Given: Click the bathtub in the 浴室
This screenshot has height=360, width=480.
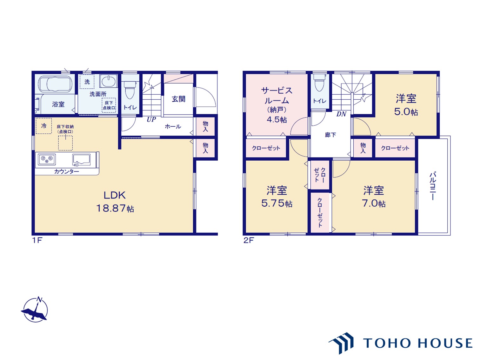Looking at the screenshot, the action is [55, 84].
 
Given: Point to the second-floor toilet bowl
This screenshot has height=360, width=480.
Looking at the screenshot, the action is [319, 83].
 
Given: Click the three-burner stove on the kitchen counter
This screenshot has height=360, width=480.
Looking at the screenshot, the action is [47, 159].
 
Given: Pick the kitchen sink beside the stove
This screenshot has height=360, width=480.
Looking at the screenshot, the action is [81, 160].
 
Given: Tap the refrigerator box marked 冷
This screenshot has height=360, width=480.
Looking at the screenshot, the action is [44, 126].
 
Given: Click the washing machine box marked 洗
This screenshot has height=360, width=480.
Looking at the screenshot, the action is [87, 82].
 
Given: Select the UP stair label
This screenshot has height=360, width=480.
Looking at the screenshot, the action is [151, 119].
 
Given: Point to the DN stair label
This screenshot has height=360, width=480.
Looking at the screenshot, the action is [341, 114].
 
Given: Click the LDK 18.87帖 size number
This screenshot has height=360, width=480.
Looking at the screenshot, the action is [115, 208].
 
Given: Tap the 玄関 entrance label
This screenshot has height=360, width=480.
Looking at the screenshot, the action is [178, 99].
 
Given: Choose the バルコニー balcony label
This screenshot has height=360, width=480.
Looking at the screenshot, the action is [433, 186].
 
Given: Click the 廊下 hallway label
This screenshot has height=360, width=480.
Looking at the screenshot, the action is [330, 135].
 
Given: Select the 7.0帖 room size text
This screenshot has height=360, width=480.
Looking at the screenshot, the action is [374, 203].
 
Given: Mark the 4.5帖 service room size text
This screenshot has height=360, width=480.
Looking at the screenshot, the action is [277, 120].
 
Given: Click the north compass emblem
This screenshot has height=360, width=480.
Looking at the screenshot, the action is [35, 310].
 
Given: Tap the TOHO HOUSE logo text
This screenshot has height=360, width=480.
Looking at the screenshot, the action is [418, 343].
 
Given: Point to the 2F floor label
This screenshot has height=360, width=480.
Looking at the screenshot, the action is [249, 240].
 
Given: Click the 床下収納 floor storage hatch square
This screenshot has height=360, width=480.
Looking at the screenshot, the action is [65, 143].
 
